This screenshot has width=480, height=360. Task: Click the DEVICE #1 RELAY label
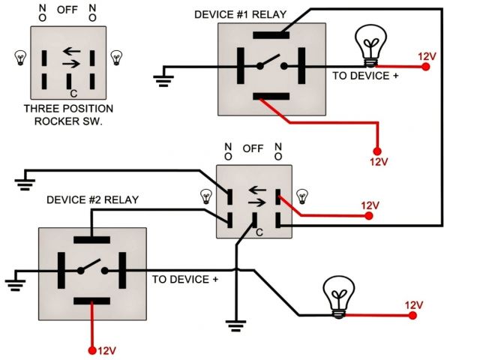240,15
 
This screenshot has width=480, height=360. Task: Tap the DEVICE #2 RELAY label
92,200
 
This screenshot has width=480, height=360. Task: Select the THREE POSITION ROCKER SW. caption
68,115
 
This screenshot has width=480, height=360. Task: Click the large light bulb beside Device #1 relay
370,45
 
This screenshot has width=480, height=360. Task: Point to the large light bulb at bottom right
339,297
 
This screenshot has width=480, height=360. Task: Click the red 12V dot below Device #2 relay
91,350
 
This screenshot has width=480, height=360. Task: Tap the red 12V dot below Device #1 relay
377,151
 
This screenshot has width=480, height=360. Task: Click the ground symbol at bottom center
235,325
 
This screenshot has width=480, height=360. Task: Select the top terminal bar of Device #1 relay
271,35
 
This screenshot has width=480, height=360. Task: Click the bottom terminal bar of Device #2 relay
91,301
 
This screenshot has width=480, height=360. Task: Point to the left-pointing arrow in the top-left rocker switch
72,51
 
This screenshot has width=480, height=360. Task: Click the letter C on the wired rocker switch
259,232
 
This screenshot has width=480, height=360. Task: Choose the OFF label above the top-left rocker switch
67,10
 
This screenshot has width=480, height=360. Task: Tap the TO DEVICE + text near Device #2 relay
185,280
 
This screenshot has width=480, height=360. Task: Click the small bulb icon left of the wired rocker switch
206,196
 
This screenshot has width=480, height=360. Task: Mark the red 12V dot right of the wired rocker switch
369,216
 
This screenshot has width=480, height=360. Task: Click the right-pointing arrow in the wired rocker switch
256,202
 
